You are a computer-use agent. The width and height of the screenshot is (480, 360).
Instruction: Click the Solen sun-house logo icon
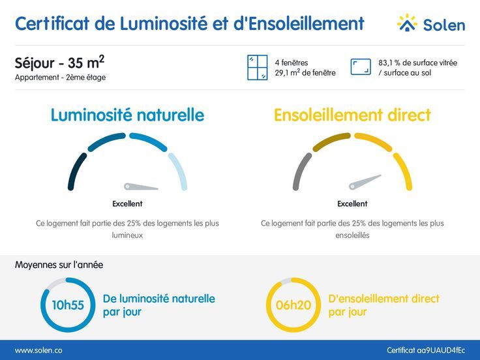coord(407,23)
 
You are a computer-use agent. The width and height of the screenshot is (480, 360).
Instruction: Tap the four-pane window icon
coord(258,68)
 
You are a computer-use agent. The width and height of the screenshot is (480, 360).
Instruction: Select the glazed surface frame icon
coord(361,67)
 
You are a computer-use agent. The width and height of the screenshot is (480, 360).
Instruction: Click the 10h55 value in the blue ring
coord(68,305)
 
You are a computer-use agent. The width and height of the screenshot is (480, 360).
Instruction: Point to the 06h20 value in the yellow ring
coord(293,305)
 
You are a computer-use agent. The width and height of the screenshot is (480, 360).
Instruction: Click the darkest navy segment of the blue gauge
coord(76,172)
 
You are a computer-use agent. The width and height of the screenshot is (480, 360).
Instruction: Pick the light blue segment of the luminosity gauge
coord(178,171)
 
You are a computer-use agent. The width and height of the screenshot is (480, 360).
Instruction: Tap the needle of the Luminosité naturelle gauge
coord(142,187)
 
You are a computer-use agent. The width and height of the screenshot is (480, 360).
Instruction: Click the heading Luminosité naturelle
coord(127,115)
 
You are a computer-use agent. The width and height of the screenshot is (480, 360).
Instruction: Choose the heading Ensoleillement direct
coord(352,115)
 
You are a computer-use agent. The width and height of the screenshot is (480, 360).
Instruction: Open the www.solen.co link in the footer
coord(38,350)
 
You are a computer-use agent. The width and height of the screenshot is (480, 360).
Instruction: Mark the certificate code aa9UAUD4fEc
coord(426,350)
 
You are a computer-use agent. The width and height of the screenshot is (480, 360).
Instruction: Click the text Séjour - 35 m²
coord(59,63)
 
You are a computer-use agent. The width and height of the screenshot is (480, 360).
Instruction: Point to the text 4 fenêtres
coord(292,63)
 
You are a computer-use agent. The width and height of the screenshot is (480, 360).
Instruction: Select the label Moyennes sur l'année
coord(59,265)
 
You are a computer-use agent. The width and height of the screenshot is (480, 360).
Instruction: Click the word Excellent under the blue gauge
coord(127,203)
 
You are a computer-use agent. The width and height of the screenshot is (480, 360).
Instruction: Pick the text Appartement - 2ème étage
coord(60,78)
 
